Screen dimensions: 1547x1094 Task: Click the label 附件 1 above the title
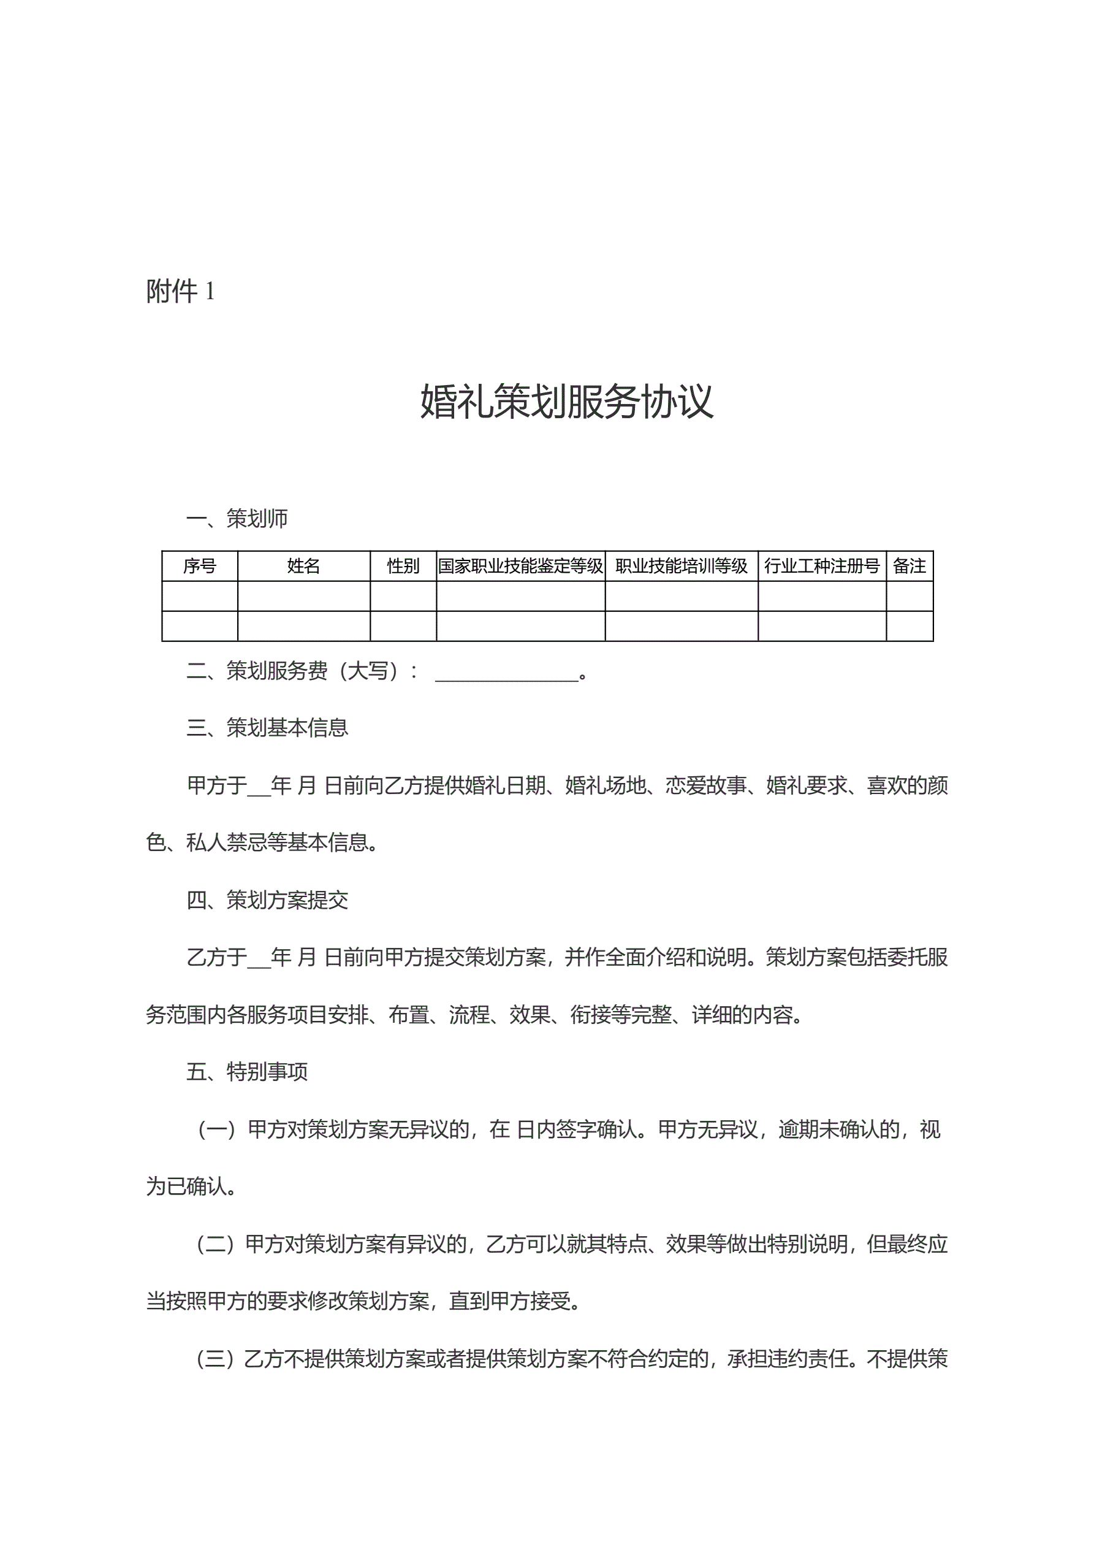click(x=180, y=291)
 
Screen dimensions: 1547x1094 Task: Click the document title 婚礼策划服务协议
click(x=566, y=402)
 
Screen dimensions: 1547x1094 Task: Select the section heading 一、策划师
click(x=237, y=519)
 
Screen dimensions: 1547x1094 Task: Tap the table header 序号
click(x=199, y=566)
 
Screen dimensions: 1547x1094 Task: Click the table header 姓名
click(x=303, y=566)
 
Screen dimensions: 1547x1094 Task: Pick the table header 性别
click(x=403, y=566)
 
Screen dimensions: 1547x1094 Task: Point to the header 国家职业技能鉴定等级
click(x=520, y=566)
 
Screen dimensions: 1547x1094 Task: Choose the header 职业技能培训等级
click(x=681, y=566)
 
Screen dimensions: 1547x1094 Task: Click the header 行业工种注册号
click(x=821, y=566)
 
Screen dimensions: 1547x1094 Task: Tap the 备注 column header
click(x=909, y=566)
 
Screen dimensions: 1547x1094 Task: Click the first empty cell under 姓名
click(x=303, y=596)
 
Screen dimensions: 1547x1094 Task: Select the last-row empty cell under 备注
click(x=909, y=626)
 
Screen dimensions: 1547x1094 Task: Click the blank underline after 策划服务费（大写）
click(x=507, y=674)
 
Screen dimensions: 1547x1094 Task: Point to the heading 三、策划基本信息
click(x=267, y=728)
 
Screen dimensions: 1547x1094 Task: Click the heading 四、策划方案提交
click(x=267, y=900)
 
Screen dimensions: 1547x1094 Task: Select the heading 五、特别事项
click(x=247, y=1072)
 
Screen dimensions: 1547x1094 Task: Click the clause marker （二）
click(x=216, y=1244)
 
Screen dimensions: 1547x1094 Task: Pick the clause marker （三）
click(x=216, y=1359)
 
